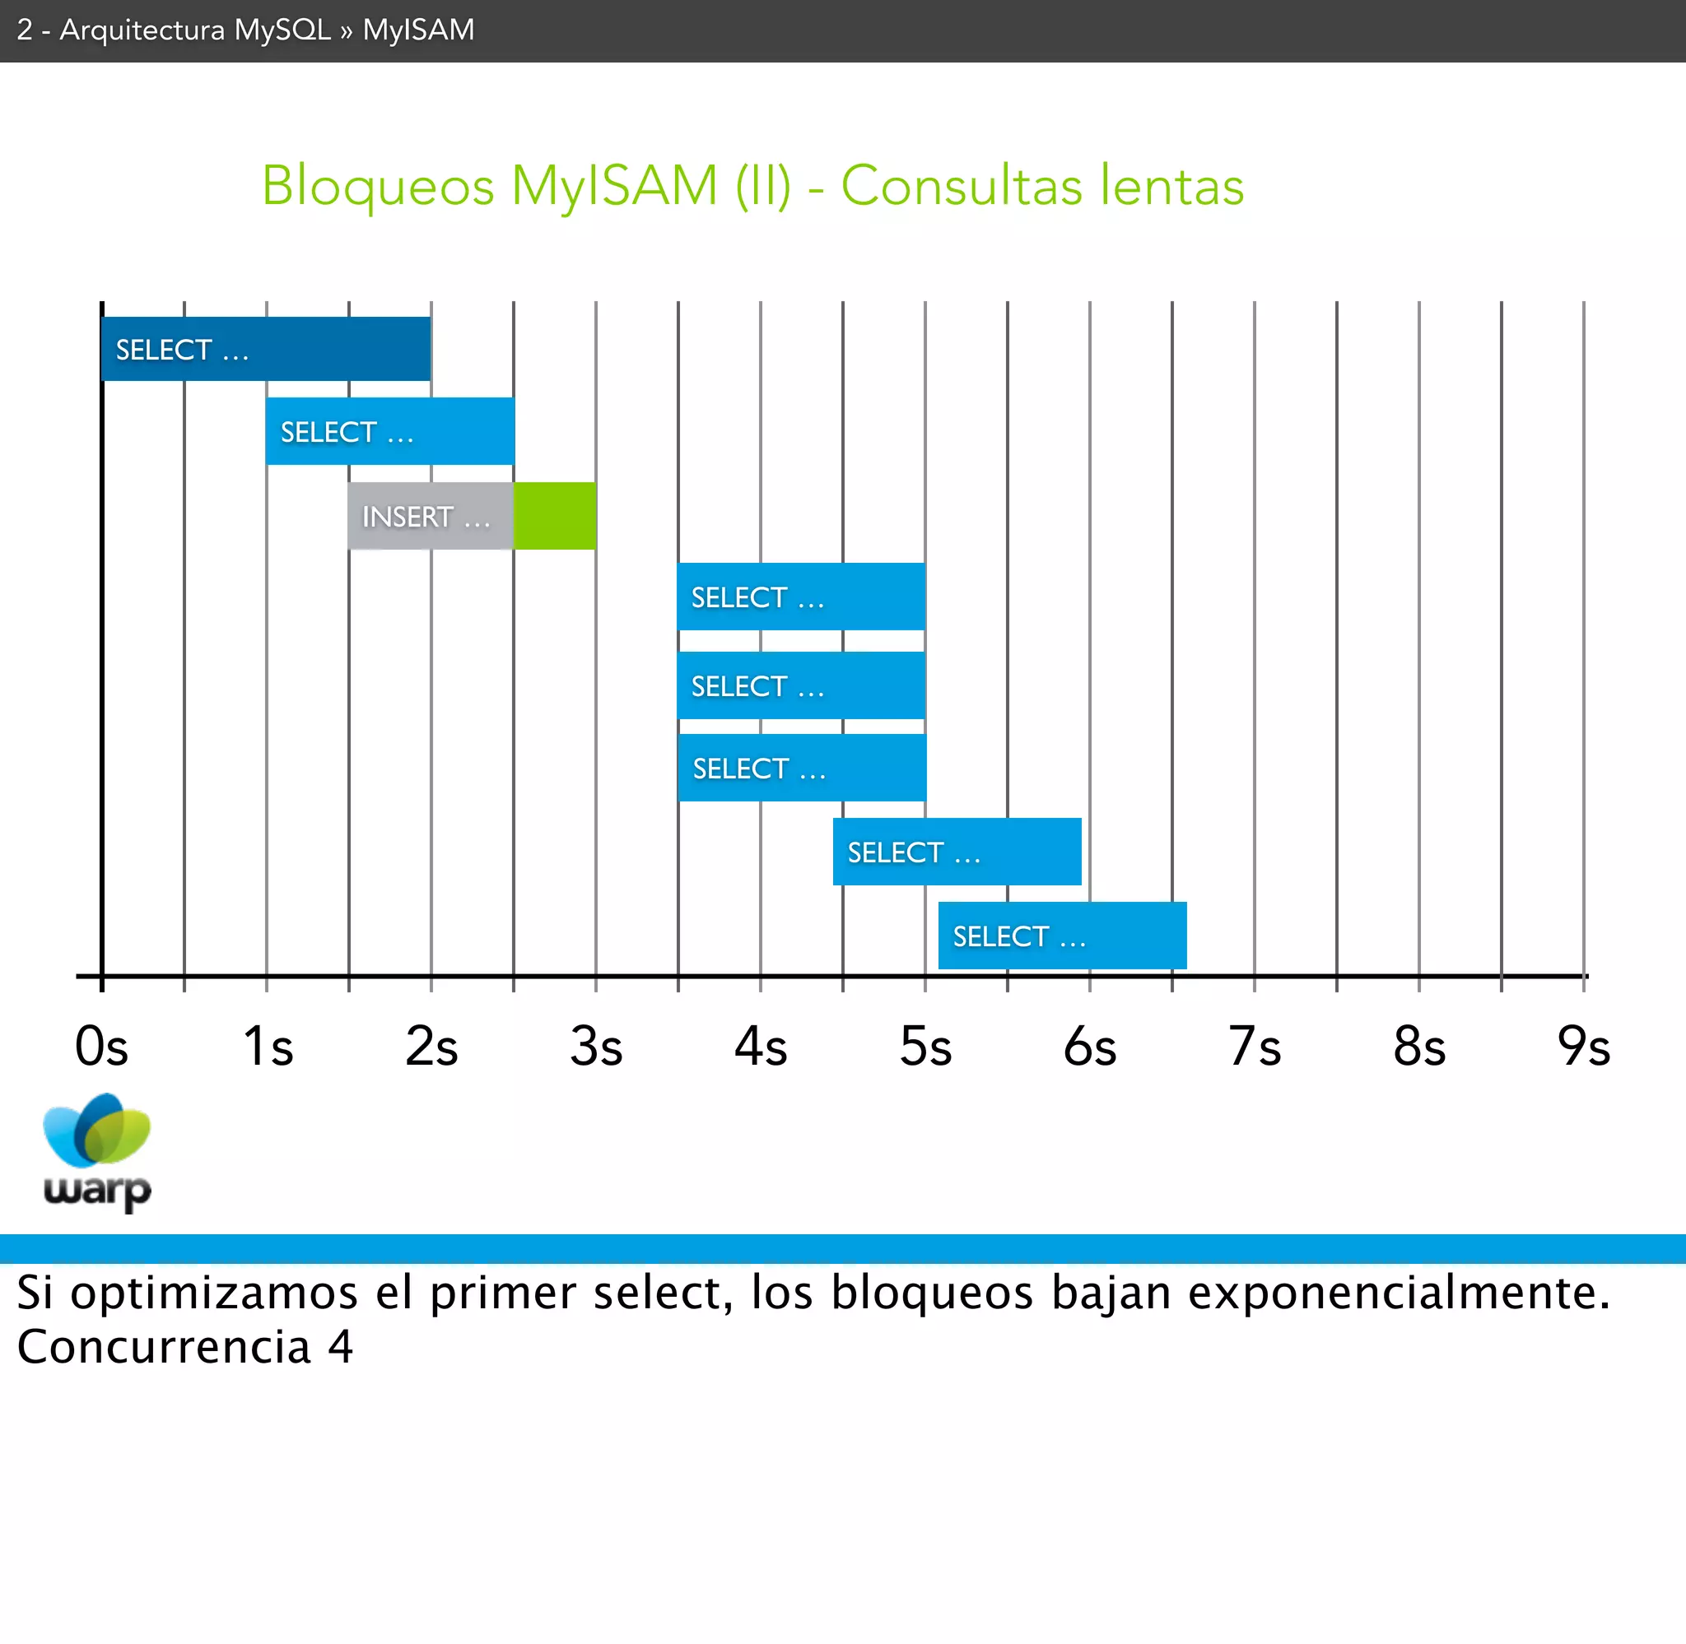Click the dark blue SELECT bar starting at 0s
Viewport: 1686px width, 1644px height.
265,349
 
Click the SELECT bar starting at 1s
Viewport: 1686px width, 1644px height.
389,431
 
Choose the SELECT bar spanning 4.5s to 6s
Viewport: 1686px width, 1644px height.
956,852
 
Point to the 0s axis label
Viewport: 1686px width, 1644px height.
101,1047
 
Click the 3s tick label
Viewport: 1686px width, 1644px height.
596,1047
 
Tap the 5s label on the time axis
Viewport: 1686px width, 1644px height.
925,1047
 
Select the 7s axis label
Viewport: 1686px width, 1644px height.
1254,1047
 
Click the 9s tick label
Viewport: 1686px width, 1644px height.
1583,1047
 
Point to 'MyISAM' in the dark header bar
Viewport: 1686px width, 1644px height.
418,30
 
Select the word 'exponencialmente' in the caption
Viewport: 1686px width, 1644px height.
1399,1293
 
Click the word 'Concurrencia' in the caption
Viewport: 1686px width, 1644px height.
164,1346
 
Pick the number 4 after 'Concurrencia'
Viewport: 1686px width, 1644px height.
340,1346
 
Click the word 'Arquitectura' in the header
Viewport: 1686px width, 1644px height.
142,30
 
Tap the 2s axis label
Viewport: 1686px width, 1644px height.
431,1047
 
